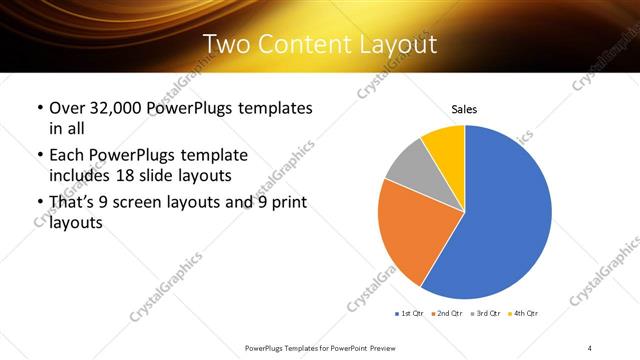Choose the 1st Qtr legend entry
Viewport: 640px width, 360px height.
coord(410,314)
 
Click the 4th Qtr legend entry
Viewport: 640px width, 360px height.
coord(525,314)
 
